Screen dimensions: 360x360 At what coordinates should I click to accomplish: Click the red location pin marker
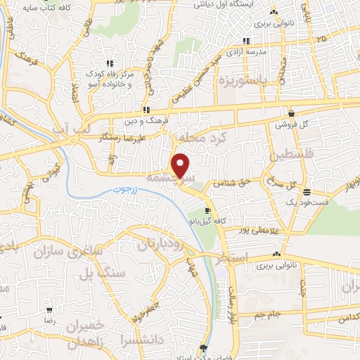(x=181, y=165)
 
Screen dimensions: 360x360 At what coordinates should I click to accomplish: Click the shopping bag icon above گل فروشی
(x=291, y=113)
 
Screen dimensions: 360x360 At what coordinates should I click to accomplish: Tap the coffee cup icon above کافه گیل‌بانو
(x=207, y=211)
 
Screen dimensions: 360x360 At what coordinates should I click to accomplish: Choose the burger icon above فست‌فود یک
(x=306, y=192)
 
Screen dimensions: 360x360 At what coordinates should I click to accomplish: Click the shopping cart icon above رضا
(x=49, y=309)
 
